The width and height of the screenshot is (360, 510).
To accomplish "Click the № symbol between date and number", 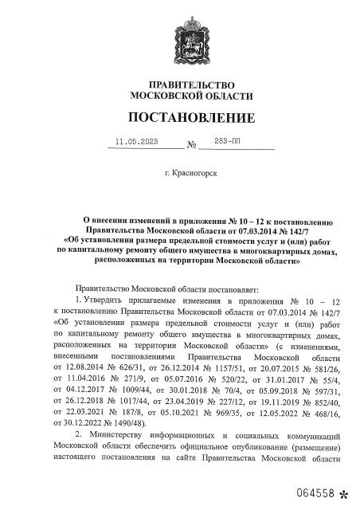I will pyautogui.click(x=192, y=145).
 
